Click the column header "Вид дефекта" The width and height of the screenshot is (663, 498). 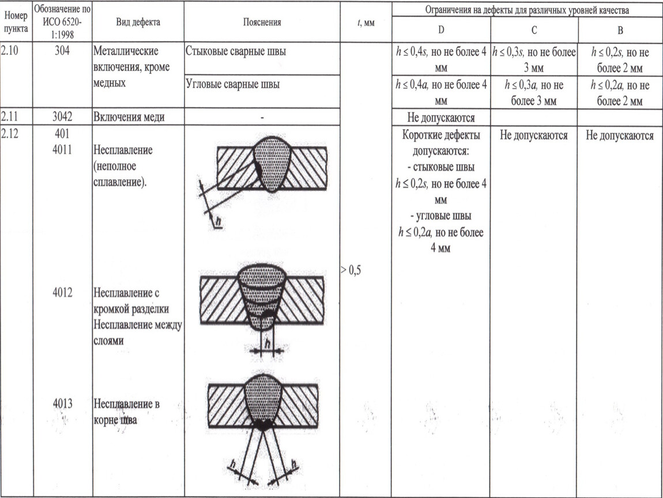pos(138,22)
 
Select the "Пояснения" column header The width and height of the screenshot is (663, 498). pos(262,22)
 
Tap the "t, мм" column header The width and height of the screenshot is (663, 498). pos(366,23)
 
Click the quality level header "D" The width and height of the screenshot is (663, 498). pos(441,29)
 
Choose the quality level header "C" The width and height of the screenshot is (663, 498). pos(534,30)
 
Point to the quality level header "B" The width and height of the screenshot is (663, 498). pos(620,30)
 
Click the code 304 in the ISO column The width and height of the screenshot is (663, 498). pos(62,51)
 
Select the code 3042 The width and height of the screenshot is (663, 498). pos(62,116)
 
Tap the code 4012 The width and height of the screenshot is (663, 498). pos(62,292)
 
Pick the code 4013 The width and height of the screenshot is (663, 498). pos(62,403)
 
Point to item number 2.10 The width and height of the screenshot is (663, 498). pos(10,50)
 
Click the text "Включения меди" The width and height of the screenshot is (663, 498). pos(129,116)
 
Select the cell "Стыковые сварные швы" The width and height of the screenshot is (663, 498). pos(236,51)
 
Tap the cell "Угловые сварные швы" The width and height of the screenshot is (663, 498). pos(232,84)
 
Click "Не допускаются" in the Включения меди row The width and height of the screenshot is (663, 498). pos(441,118)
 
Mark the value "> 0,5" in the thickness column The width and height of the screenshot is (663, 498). pos(351,270)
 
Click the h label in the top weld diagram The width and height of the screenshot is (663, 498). pos(218,221)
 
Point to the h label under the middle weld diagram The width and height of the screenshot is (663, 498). pos(268,344)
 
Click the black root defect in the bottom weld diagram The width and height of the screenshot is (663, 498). pos(263,425)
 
